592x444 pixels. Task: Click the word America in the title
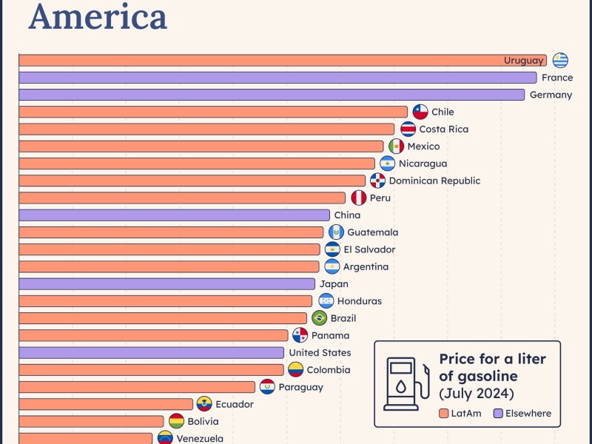tap(98, 16)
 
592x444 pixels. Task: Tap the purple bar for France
tap(277, 78)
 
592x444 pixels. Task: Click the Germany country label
tap(551, 95)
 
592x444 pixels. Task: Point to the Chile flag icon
tap(420, 112)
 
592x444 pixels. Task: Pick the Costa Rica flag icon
tap(408, 129)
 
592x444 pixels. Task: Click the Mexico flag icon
tap(397, 147)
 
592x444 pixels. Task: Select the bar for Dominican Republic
tap(192, 181)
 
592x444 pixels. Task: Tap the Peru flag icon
tap(358, 198)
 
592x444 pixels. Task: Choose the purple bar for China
tap(174, 215)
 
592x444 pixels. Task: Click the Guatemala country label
tap(372, 232)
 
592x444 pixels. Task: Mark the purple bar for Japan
tap(166, 284)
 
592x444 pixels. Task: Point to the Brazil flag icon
tap(319, 318)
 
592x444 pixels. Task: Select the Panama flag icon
tap(300, 335)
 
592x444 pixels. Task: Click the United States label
tap(320, 353)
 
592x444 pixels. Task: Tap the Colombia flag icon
tap(295, 370)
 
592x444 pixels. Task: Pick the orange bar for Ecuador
tap(106, 404)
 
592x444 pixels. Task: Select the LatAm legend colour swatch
tap(443, 414)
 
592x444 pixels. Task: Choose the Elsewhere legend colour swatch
tap(498, 414)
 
